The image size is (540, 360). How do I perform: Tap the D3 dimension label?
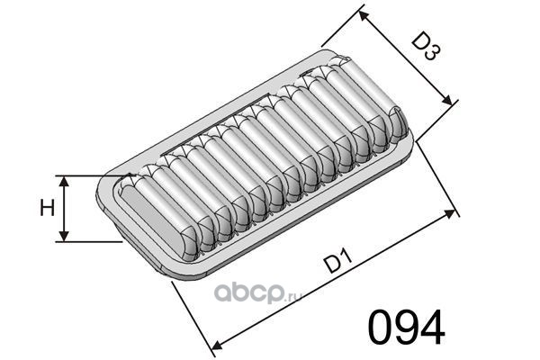(426, 47)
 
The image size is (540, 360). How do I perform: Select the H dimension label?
(47, 209)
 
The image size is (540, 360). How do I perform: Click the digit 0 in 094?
(381, 327)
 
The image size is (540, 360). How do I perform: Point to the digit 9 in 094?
(406, 327)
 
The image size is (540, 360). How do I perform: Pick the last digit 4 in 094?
(432, 327)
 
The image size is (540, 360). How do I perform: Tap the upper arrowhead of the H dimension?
(64, 181)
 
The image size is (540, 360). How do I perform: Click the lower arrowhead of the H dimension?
(64, 236)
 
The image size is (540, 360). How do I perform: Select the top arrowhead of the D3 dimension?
(364, 16)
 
